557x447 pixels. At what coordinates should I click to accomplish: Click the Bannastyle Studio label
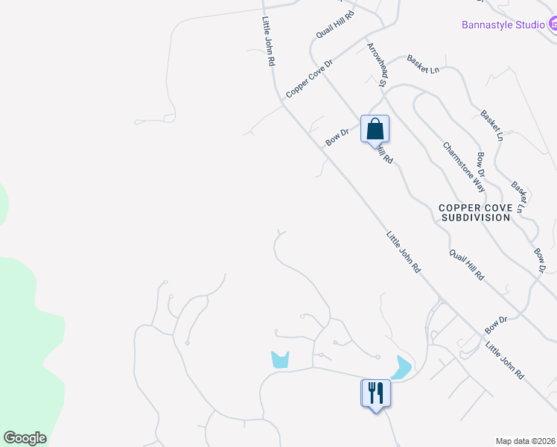click(x=503, y=24)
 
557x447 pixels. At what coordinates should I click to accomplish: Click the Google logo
click(x=25, y=438)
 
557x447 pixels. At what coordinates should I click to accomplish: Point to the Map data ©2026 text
click(x=526, y=440)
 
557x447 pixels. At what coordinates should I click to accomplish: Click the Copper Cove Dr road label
click(x=308, y=78)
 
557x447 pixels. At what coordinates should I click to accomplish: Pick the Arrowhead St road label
click(x=375, y=64)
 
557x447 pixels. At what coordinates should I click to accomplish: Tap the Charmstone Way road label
click(x=464, y=168)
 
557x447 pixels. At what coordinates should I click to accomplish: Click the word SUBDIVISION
click(x=476, y=218)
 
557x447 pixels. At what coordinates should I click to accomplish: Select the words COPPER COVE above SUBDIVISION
click(x=476, y=208)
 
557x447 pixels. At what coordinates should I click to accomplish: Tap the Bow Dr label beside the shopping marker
click(x=337, y=137)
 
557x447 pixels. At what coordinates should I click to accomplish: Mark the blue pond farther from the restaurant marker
click(x=280, y=359)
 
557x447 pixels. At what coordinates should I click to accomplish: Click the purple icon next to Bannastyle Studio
click(x=553, y=24)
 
